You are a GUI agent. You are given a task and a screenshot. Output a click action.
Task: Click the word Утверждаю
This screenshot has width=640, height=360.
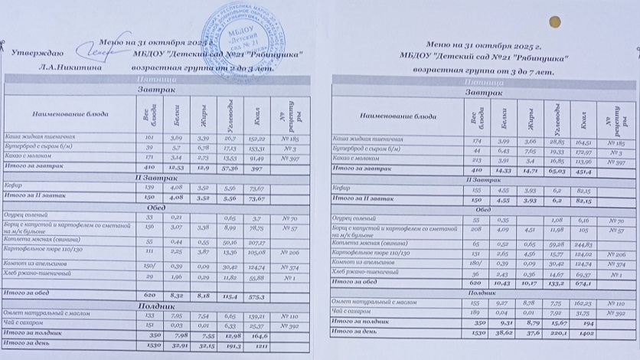pyautogui.click(x=38, y=53)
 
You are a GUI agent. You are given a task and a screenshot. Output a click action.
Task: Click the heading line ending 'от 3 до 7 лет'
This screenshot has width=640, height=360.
pyautogui.click(x=482, y=70)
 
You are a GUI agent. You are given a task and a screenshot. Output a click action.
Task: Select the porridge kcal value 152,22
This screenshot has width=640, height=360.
pyautogui.click(x=257, y=139)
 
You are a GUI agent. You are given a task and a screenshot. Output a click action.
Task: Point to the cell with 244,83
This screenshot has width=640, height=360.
pyautogui.click(x=586, y=244)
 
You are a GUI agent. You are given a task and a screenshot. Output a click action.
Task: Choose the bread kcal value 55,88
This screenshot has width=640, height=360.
pyautogui.click(x=257, y=277)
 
